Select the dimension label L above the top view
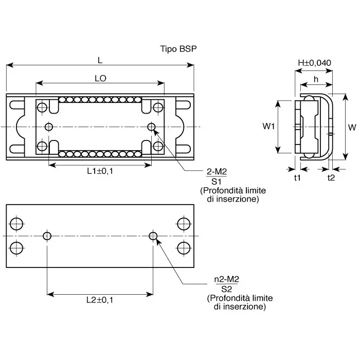pyautogui.click(x=100, y=60)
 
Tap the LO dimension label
pyautogui.click(x=100, y=79)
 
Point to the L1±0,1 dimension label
pyautogui.click(x=100, y=171)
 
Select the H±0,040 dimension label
pyautogui.click(x=314, y=63)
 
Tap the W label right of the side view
pyautogui.click(x=352, y=127)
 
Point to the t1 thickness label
pyautogui.click(x=297, y=177)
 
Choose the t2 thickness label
pyautogui.click(x=331, y=177)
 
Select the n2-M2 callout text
pyautogui.click(x=227, y=279)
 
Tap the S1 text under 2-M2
pyautogui.click(x=216, y=182)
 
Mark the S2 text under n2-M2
pyautogui.click(x=227, y=289)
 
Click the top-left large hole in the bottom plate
pyautogui.click(x=16, y=224)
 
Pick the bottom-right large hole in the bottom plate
pyautogui.click(x=184, y=247)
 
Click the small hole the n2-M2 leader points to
pyautogui.click(x=153, y=236)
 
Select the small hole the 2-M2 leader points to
pyautogui.click(x=152, y=127)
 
